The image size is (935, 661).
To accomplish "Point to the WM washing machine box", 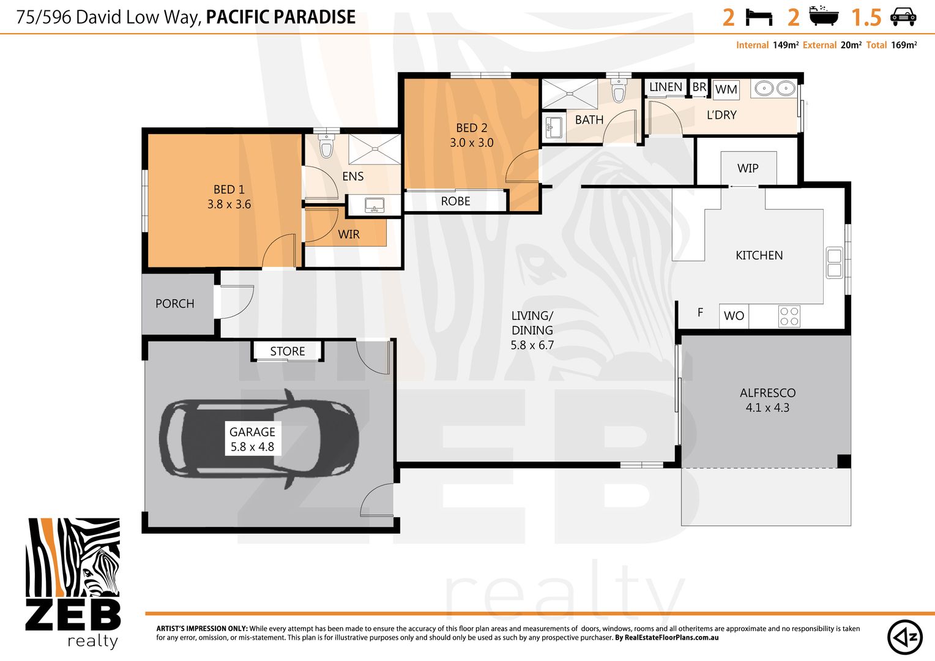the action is (x=726, y=89).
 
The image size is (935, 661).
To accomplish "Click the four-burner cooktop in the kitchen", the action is (x=789, y=316).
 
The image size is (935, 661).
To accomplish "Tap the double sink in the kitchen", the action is (x=835, y=263).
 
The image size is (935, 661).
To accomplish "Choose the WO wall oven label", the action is (x=734, y=316).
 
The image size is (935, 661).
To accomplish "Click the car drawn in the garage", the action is (x=259, y=438).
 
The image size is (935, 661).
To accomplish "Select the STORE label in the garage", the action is (x=287, y=351).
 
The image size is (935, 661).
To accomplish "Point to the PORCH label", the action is (x=174, y=304).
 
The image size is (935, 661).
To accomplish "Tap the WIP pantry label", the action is (x=748, y=168).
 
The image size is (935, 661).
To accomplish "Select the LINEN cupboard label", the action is (x=665, y=87).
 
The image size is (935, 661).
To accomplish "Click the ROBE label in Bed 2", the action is (x=455, y=201).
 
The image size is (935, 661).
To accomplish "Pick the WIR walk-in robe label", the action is (x=349, y=234).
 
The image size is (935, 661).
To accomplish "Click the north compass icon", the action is (x=904, y=637).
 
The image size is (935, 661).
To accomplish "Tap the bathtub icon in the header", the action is (x=824, y=17).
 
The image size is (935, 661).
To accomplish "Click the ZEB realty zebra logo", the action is (x=73, y=583).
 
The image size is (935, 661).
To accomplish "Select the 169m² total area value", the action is (x=904, y=45).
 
